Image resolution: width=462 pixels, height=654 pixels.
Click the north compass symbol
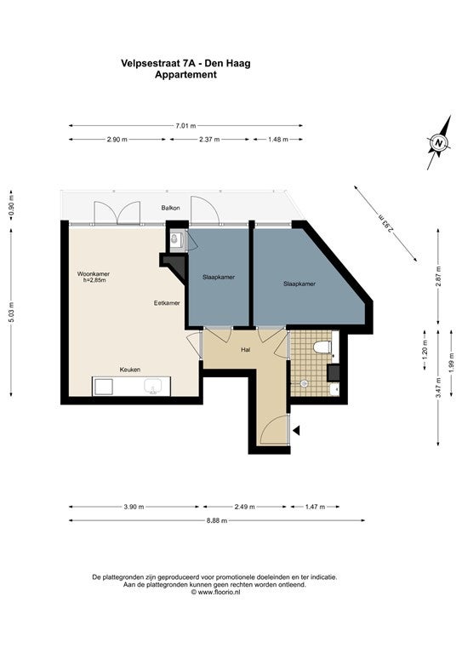point(439,143)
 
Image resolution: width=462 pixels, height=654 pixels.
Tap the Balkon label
point(171,208)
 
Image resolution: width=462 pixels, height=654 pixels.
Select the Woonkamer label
point(94,274)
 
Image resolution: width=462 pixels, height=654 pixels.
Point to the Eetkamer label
point(167,303)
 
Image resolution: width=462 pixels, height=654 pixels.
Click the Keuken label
point(130,370)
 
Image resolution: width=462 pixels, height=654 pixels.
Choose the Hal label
point(245,350)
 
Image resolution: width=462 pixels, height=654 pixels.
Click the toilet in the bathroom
point(322,347)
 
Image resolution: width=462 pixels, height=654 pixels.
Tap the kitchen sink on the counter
point(153,386)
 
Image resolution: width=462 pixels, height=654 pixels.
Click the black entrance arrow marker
point(297,430)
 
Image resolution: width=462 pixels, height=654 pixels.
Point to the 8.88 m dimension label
point(217,520)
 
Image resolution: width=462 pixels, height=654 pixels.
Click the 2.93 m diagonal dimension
point(385,224)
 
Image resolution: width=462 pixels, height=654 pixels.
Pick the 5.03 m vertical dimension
point(12,313)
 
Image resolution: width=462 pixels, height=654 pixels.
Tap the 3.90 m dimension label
point(134,507)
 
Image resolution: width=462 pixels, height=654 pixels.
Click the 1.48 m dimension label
point(278,140)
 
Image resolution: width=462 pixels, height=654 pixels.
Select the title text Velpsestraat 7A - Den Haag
point(185,63)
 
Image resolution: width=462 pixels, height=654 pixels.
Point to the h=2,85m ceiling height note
point(94,280)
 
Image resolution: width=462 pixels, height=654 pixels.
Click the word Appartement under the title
point(185,75)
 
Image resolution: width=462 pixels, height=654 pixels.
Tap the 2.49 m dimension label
point(244,507)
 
